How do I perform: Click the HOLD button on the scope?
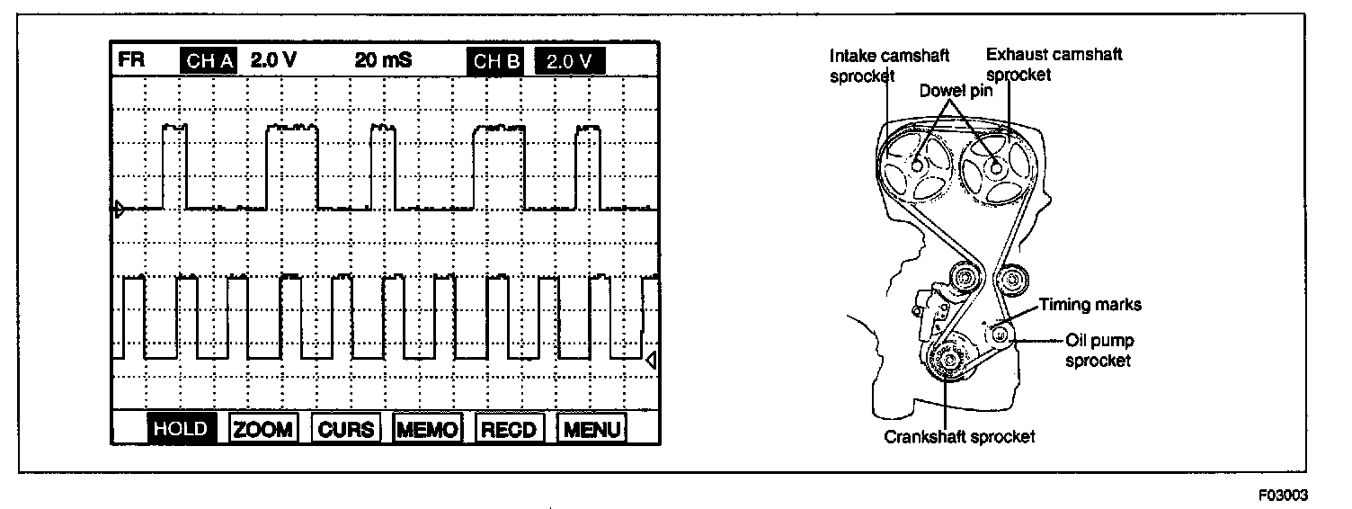coord(181,429)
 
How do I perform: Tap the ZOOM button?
coord(263,429)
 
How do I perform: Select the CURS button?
coord(346,429)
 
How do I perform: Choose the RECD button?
coord(509,429)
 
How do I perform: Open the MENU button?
coord(591,429)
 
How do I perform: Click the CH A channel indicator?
coord(209,62)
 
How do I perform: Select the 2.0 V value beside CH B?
coord(569,62)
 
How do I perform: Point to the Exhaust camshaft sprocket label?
coord(1054,65)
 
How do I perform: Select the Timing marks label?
coord(1090,305)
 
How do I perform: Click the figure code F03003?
coord(1284,495)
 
